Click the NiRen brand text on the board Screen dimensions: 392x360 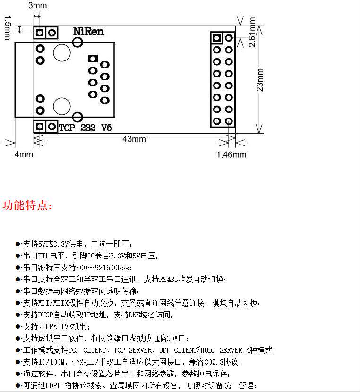point(88,32)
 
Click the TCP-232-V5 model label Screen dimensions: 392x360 point(86,128)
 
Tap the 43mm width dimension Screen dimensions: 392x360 point(134,139)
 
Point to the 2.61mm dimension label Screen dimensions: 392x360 point(252,32)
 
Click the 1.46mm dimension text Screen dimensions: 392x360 point(231,154)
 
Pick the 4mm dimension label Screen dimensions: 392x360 point(24,154)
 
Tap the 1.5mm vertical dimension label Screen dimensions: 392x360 point(7,28)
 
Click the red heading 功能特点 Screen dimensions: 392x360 point(28,206)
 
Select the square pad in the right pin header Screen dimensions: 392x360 point(217,38)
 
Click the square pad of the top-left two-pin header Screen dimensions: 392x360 point(40,33)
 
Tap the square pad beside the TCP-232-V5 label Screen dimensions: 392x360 point(40,126)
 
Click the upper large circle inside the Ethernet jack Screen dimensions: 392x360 point(62,52)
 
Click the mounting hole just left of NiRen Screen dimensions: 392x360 point(77,42)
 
